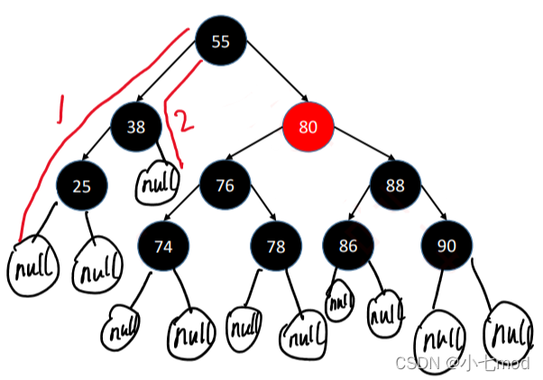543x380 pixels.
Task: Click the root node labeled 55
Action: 221,41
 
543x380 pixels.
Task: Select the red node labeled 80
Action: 308,126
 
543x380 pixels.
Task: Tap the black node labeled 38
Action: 136,127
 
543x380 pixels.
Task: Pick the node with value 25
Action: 82,186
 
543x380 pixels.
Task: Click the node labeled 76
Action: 225,186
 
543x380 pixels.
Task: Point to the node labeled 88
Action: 396,186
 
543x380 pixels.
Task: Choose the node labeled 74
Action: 164,246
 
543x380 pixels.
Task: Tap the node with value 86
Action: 348,246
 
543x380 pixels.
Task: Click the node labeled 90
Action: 446,246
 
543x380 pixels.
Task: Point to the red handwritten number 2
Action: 182,122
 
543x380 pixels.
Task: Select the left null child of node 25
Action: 31,267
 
